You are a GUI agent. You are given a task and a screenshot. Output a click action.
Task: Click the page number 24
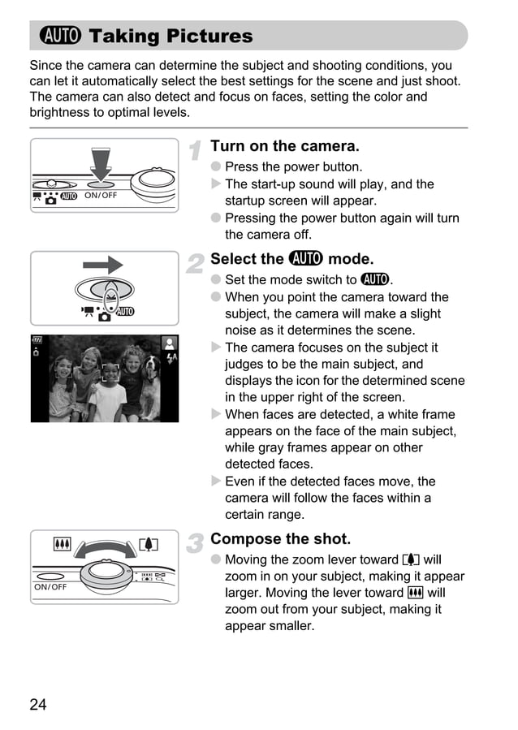click(x=38, y=704)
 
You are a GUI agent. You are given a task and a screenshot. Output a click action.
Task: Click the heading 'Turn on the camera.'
click(x=284, y=146)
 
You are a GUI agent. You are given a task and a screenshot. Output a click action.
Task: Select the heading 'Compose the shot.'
click(x=280, y=539)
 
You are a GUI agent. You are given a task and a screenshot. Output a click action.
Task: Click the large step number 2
click(x=195, y=262)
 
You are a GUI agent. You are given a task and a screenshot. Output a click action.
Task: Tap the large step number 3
click(x=195, y=542)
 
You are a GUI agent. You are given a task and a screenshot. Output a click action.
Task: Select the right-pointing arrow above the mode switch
click(x=103, y=264)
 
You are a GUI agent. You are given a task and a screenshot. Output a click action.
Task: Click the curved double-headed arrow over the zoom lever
click(x=104, y=548)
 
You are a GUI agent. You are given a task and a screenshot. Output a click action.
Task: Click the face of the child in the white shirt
click(x=110, y=374)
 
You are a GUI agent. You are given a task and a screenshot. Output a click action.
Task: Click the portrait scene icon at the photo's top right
click(x=170, y=343)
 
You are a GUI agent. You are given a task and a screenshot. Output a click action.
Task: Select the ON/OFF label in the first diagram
click(x=101, y=196)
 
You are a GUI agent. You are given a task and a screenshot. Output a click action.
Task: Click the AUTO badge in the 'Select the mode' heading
click(x=305, y=259)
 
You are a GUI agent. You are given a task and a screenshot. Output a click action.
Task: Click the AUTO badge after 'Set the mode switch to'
click(x=375, y=280)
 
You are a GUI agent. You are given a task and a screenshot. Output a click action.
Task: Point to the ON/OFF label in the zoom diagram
click(x=50, y=586)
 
